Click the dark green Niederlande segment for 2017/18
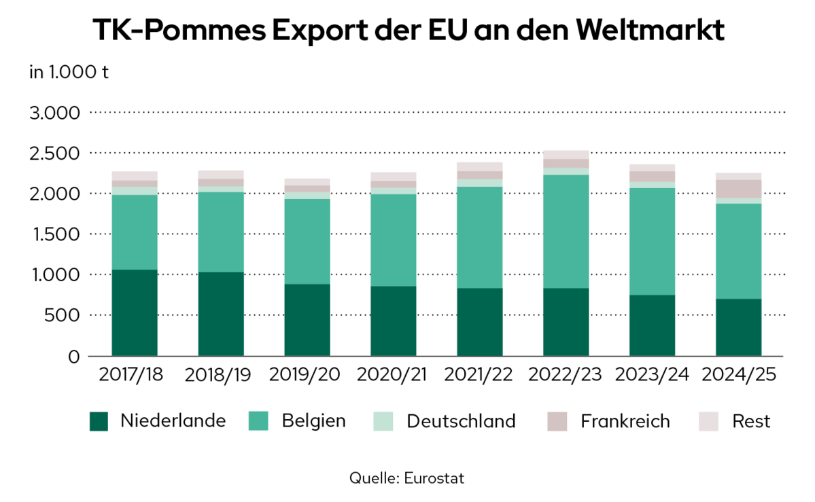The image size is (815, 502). pyautogui.click(x=135, y=312)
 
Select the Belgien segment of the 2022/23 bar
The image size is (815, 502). pyautogui.click(x=566, y=232)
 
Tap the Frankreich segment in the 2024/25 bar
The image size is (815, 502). pyautogui.click(x=738, y=189)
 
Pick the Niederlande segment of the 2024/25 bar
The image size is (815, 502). pyautogui.click(x=738, y=327)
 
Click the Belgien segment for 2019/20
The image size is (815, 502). pyautogui.click(x=307, y=242)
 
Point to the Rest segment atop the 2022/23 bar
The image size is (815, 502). pyautogui.click(x=566, y=155)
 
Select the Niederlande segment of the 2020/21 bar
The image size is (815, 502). pyautogui.click(x=394, y=321)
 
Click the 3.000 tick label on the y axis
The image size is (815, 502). pyautogui.click(x=55, y=112)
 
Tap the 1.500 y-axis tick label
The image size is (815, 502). pyautogui.click(x=55, y=234)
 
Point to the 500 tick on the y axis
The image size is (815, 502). pyautogui.click(x=65, y=316)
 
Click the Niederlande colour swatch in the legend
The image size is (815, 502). pyautogui.click(x=99, y=422)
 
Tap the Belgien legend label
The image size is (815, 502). pyautogui.click(x=313, y=421)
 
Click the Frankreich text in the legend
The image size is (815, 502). pyautogui.click(x=625, y=421)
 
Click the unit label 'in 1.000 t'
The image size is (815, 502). pyautogui.click(x=69, y=73)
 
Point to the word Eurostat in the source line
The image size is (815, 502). pyautogui.click(x=433, y=478)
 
